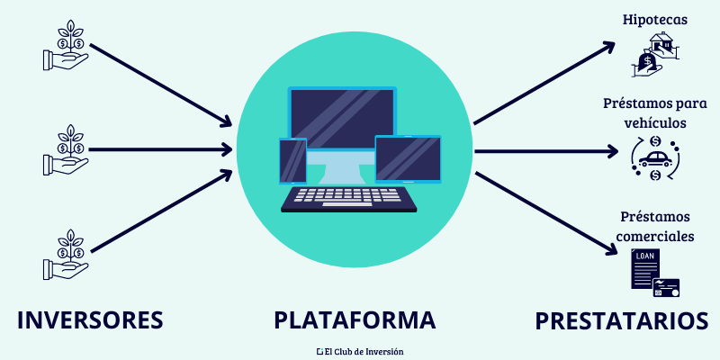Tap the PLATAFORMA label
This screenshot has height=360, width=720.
pos(355,320)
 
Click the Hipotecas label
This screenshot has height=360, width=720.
pos(653,19)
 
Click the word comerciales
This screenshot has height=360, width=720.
pos(655,237)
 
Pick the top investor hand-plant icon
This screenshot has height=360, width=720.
pos(66,45)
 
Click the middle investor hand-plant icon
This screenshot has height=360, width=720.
pos(66,149)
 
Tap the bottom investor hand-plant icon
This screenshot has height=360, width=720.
pos(66,255)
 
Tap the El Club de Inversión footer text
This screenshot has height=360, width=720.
pos(359,350)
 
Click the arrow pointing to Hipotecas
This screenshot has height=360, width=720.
pos(544,82)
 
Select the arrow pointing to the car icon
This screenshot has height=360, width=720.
pos(544,151)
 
